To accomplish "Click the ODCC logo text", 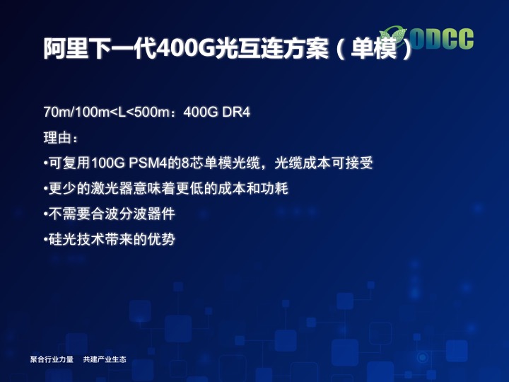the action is coord(441,39).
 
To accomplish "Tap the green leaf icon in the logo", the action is coord(394,36).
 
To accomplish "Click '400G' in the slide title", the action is coord(185,48).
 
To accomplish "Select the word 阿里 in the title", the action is coord(66,48).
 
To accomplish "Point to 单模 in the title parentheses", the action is coord(374,48).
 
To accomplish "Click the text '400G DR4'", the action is coord(216,112).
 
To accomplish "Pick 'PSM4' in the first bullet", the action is coord(148,163).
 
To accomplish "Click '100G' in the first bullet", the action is coord(107,163).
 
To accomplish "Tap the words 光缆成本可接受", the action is coord(324,163).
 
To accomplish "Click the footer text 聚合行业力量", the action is coord(52,359).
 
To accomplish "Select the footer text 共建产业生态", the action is coord(105,359).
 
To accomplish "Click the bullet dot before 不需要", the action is coord(45,214).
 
